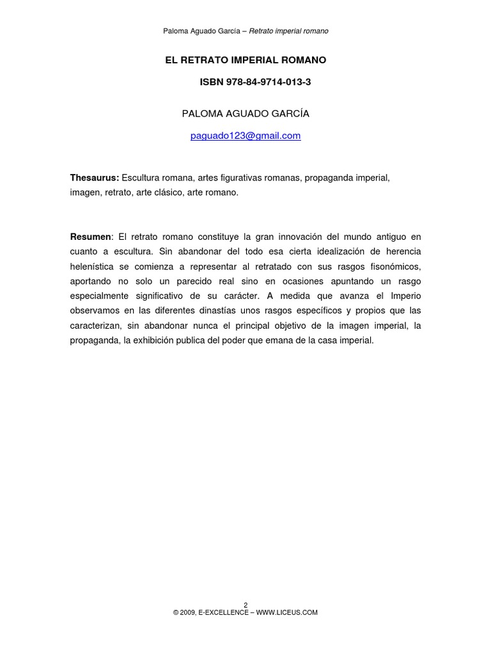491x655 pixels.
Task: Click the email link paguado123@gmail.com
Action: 245,136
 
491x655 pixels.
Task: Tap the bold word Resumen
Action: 91,237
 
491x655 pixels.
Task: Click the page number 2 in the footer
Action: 245,604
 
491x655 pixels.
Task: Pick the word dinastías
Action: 210,311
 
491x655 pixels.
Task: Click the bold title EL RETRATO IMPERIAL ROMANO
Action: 245,60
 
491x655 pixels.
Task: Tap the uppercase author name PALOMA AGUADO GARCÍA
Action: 245,113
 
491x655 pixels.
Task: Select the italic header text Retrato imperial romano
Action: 288,31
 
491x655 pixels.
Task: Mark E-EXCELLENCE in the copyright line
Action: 222,612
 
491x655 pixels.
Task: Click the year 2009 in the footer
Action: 187,612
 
